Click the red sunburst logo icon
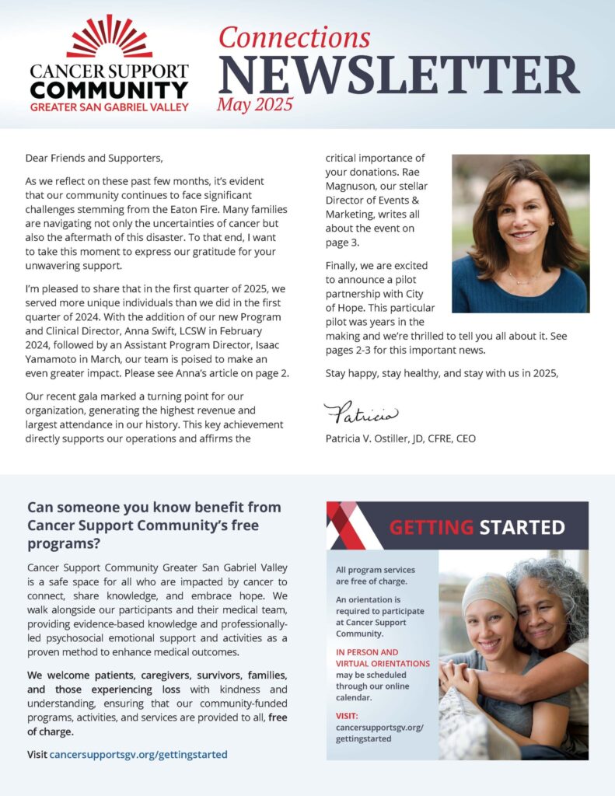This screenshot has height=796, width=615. [109, 37]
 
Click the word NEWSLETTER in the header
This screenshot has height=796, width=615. [398, 75]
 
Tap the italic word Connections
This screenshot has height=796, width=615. [293, 37]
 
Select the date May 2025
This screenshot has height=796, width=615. [255, 104]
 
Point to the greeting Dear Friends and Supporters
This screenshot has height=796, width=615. [94, 158]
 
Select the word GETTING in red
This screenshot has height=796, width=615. [431, 528]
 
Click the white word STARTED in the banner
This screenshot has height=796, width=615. [522, 528]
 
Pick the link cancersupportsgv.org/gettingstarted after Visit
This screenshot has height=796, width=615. [138, 754]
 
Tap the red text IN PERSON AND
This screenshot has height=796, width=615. [367, 651]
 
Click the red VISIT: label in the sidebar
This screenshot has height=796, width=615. [347, 714]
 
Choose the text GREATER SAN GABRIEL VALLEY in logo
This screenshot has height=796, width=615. [109, 106]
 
